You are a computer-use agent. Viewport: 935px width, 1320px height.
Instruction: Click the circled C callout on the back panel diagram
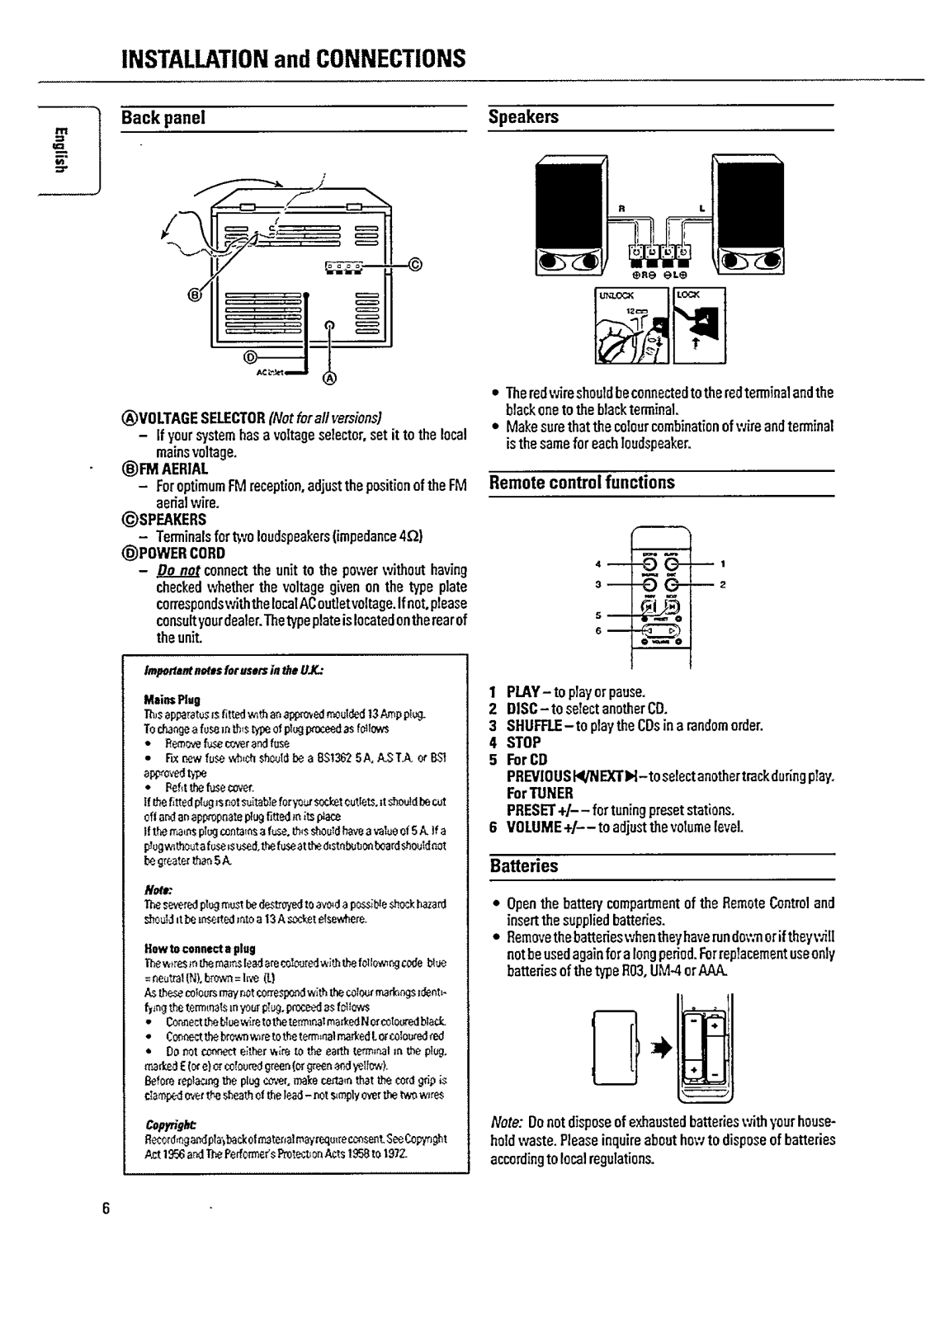(415, 265)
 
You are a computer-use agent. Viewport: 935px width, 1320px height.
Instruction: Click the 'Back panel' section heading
(163, 118)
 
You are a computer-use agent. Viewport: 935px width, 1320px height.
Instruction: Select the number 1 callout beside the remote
(722, 565)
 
